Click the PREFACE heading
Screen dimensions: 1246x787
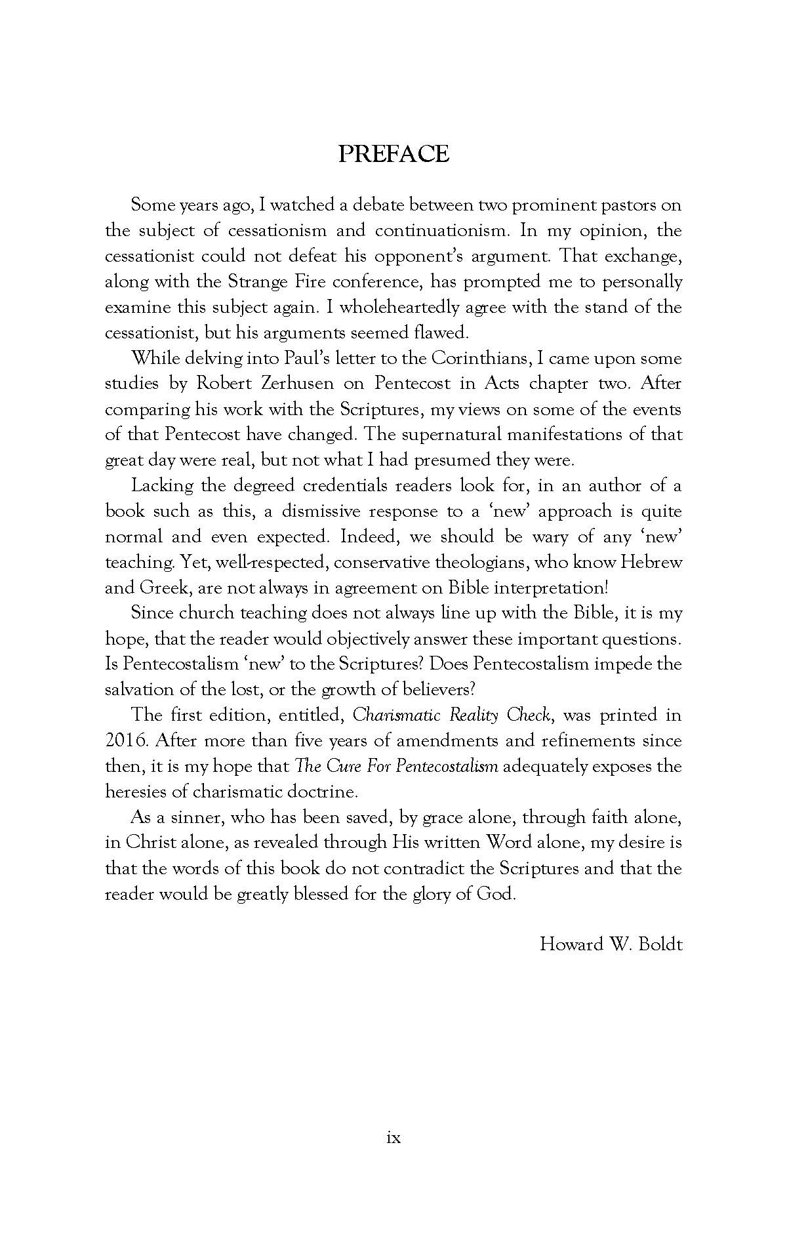click(393, 153)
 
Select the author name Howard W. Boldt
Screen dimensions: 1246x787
click(611, 944)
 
